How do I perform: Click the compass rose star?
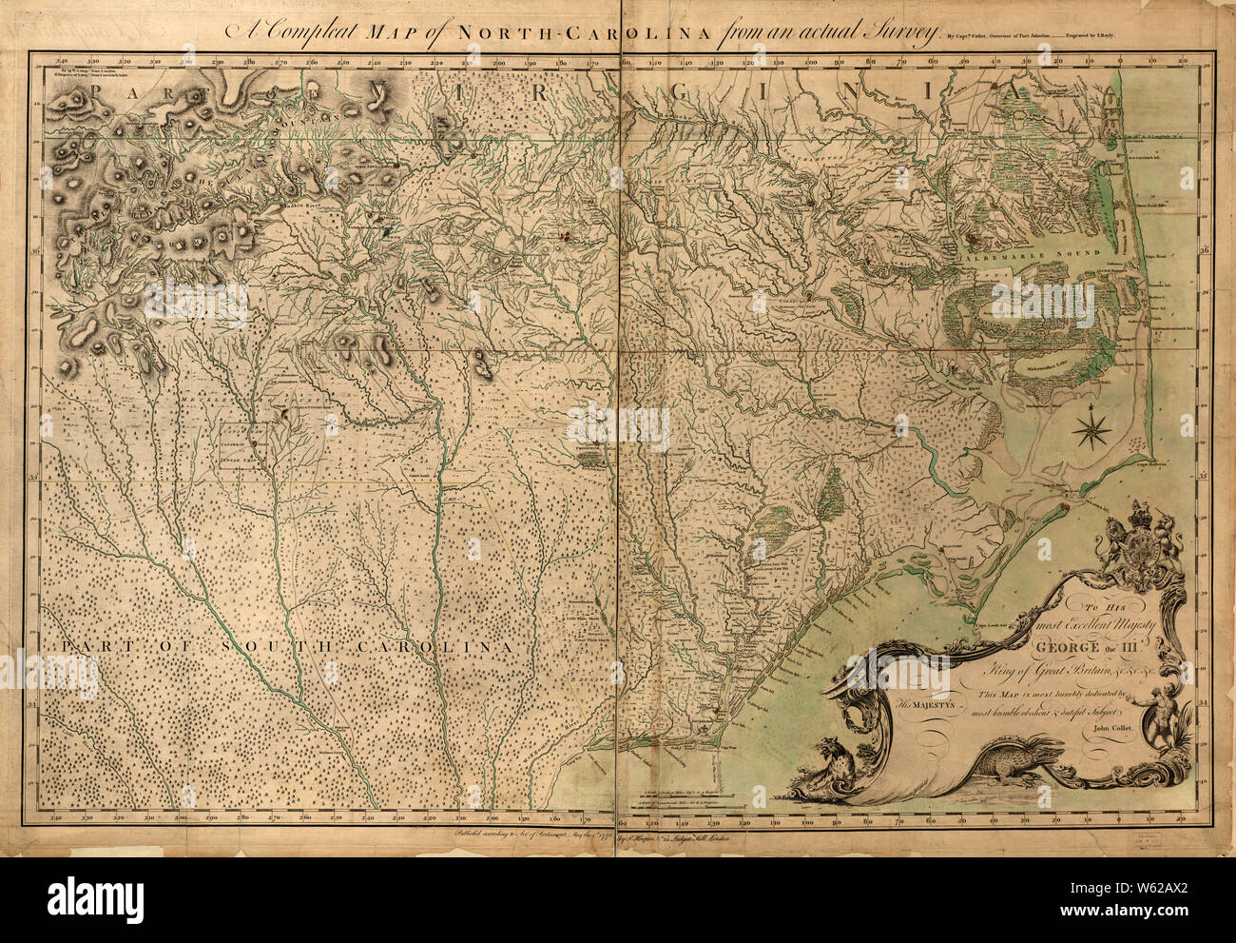[1090, 430]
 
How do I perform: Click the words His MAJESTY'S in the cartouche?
[938, 705]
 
